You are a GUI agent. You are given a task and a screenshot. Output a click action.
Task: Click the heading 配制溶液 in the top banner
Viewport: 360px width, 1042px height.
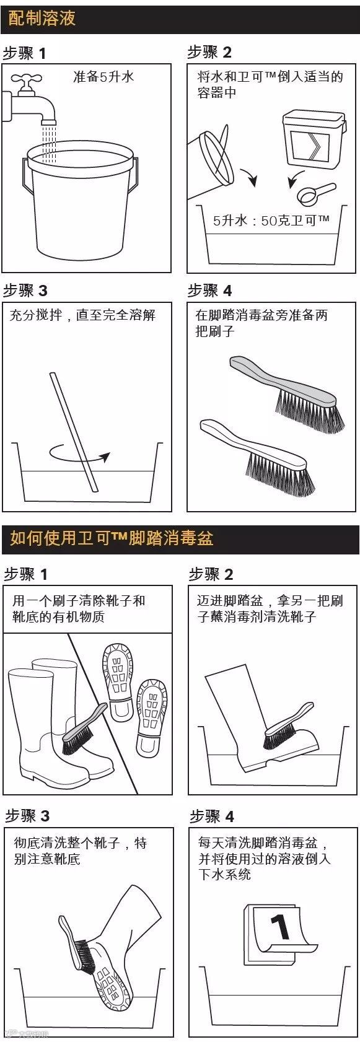click(42, 19)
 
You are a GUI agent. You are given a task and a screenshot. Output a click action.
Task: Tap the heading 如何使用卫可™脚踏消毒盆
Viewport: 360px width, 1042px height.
click(112, 539)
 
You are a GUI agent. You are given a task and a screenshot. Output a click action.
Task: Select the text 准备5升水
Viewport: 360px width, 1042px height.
click(103, 76)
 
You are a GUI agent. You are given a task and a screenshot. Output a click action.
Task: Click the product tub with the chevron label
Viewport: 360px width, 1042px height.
click(314, 139)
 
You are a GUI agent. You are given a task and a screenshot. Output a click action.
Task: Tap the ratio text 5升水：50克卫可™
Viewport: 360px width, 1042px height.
click(271, 220)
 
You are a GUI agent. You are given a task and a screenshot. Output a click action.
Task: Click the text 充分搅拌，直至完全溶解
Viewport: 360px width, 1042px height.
click(82, 315)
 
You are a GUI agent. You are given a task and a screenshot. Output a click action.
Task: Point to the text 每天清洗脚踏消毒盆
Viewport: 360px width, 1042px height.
click(258, 843)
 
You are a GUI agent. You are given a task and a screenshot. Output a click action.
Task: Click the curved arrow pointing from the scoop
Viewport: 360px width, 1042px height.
click(296, 179)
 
